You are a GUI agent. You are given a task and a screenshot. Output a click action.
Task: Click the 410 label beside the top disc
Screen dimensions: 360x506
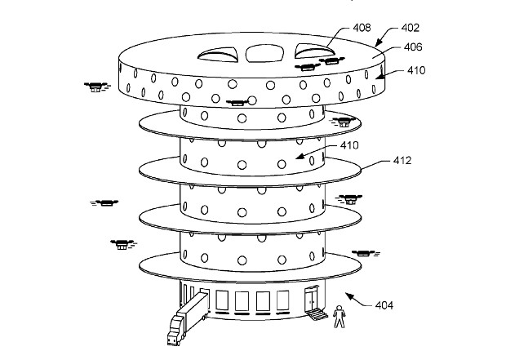[x=417, y=71]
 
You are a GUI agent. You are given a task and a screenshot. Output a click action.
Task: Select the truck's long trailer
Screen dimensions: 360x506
[x=194, y=311]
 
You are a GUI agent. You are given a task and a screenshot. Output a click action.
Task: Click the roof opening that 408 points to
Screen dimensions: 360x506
[x=312, y=51]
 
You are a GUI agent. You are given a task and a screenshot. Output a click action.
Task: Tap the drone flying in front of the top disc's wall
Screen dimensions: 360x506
[x=236, y=103]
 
